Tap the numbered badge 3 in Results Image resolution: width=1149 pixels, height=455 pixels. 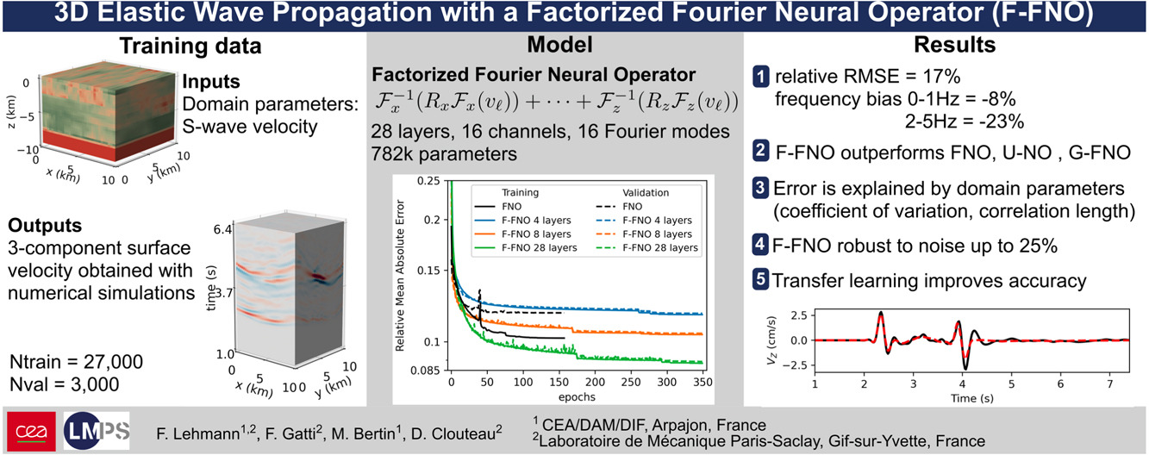coord(763,185)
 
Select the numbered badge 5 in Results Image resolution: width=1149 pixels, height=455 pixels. coord(763,280)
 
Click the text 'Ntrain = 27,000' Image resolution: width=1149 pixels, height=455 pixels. coord(76,361)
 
